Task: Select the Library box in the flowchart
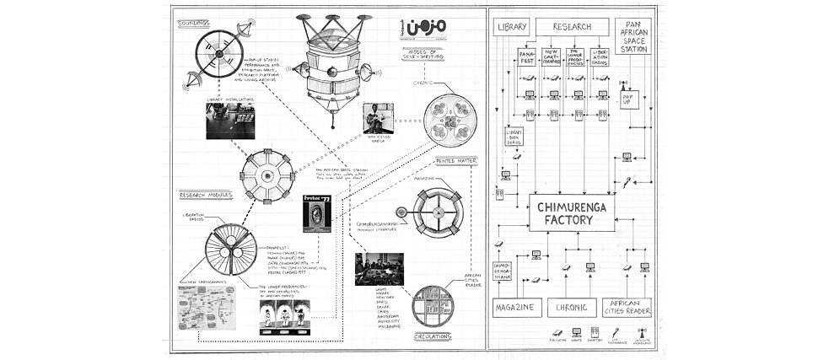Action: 512,27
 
